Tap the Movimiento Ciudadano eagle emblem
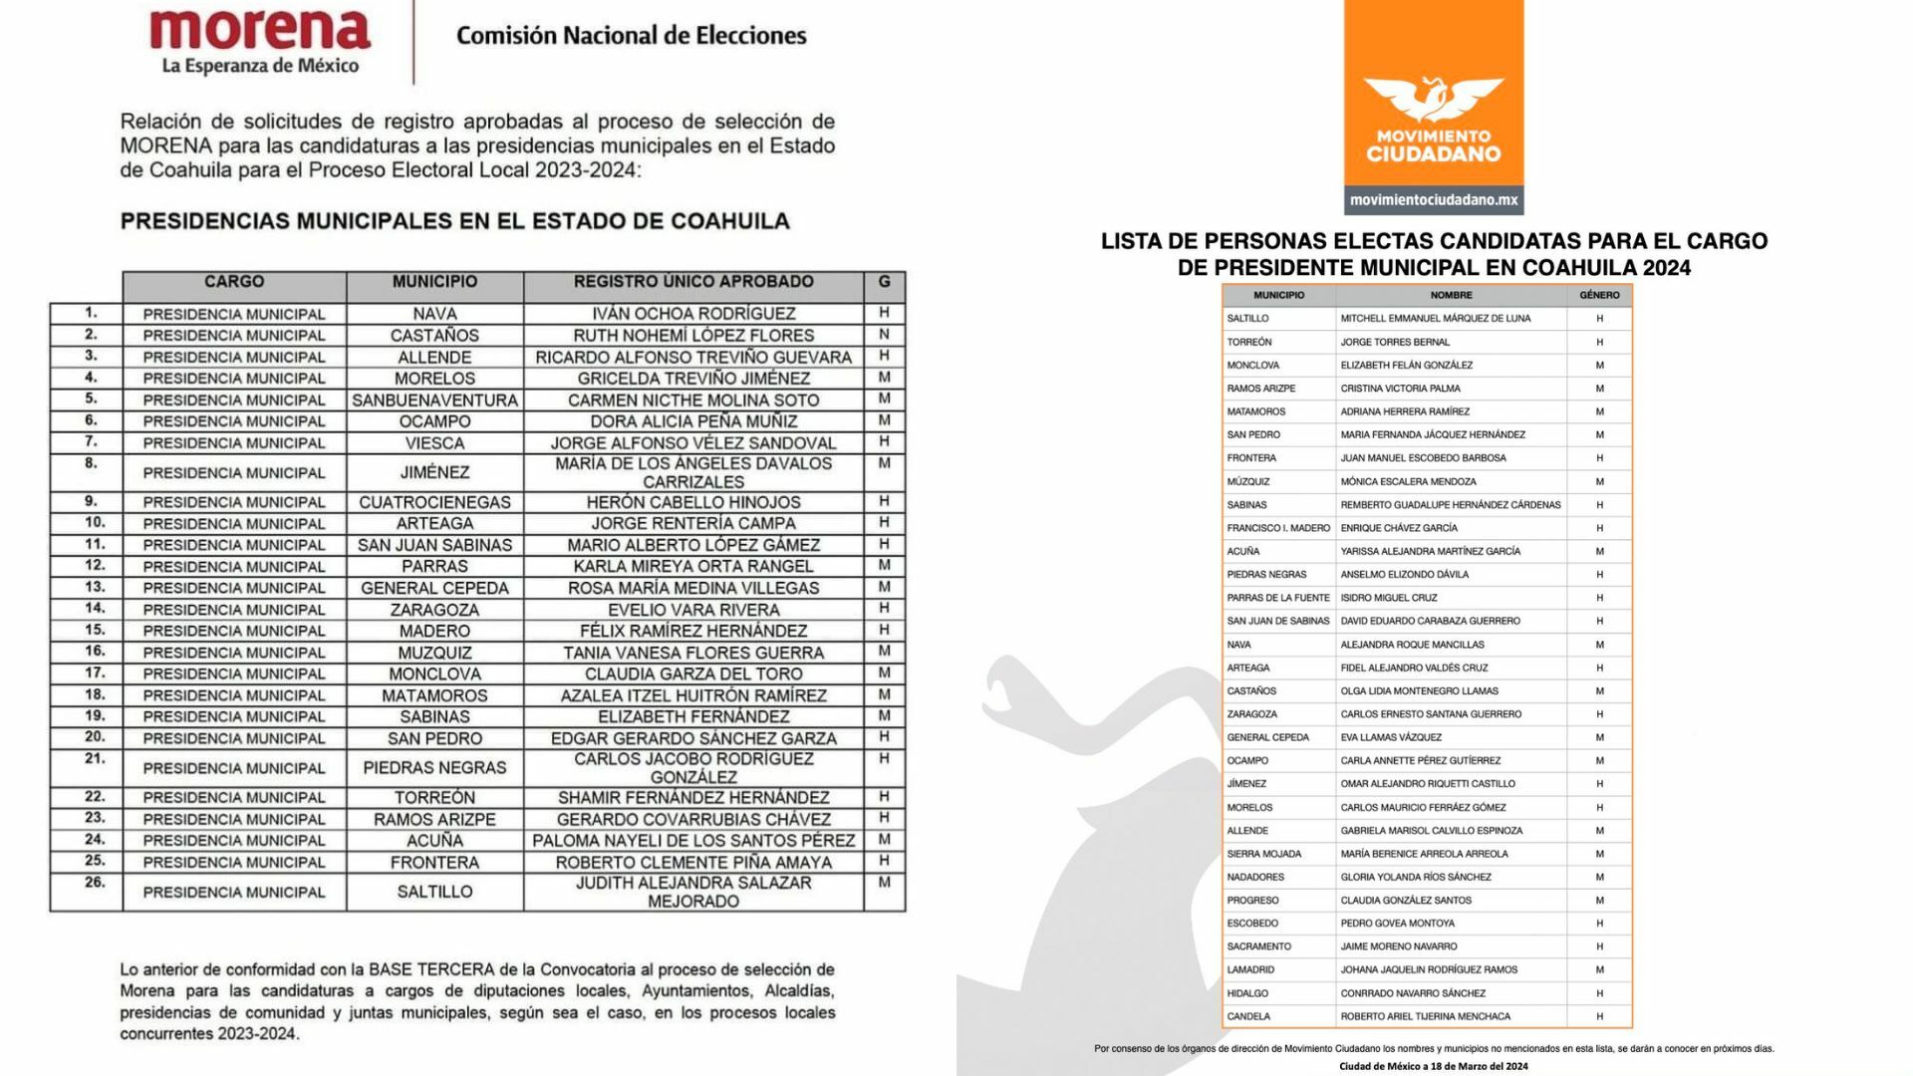[x=1433, y=100]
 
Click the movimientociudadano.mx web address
[x=1434, y=200]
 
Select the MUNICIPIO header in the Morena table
[x=434, y=282]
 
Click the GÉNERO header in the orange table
[x=1599, y=295]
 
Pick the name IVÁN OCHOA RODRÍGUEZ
[x=693, y=314]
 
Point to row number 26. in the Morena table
[x=95, y=882]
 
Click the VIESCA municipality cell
[x=434, y=442]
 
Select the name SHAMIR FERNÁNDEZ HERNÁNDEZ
[x=693, y=797]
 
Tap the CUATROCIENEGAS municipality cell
[x=434, y=502]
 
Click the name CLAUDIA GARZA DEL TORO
[x=693, y=673]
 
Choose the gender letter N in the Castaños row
[x=884, y=335]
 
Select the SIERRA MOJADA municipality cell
[x=1263, y=854]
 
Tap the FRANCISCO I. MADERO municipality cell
[x=1278, y=528]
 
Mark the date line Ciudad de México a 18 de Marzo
[x=1433, y=1066]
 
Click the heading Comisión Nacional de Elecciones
[x=631, y=36]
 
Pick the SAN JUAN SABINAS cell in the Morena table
[x=434, y=545]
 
